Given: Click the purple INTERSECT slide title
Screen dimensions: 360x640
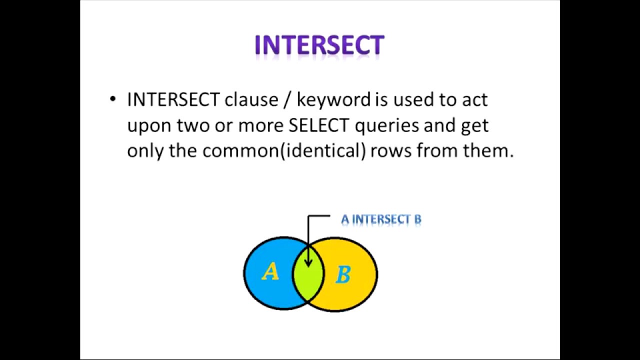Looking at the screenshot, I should (319, 45).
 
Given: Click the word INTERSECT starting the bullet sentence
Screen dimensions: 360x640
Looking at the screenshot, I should (173, 100).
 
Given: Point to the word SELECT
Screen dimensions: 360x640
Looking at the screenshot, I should (318, 125).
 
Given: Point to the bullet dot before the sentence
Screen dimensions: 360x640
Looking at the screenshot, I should (112, 99).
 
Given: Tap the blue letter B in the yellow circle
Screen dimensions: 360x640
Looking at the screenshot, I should (342, 274).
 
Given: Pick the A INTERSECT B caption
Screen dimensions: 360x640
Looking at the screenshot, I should (381, 219).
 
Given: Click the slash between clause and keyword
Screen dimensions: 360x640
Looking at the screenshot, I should (286, 100).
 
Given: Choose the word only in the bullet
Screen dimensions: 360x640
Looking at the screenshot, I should (145, 150).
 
